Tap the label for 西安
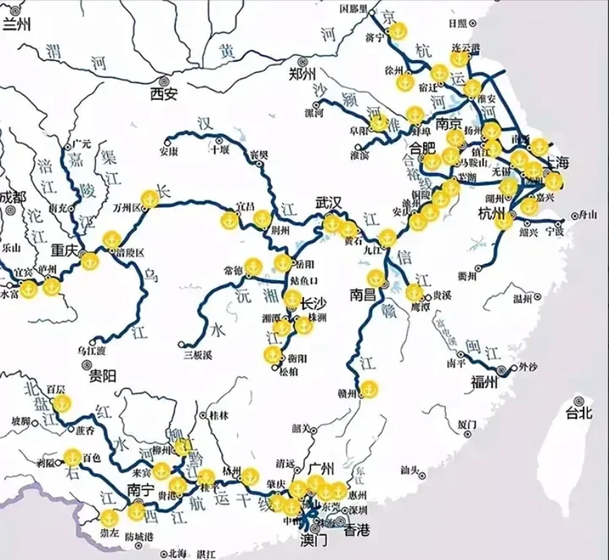[x=164, y=93]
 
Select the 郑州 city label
[x=303, y=74]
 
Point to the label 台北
[x=579, y=413]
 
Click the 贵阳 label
[x=102, y=376]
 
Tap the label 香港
[x=357, y=531]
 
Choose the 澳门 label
[x=313, y=541]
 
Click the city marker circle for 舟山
[x=574, y=216]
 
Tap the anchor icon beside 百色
[x=72, y=457]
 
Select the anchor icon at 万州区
[x=150, y=199]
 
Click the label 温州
[x=523, y=299]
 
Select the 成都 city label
[x=12, y=198]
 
